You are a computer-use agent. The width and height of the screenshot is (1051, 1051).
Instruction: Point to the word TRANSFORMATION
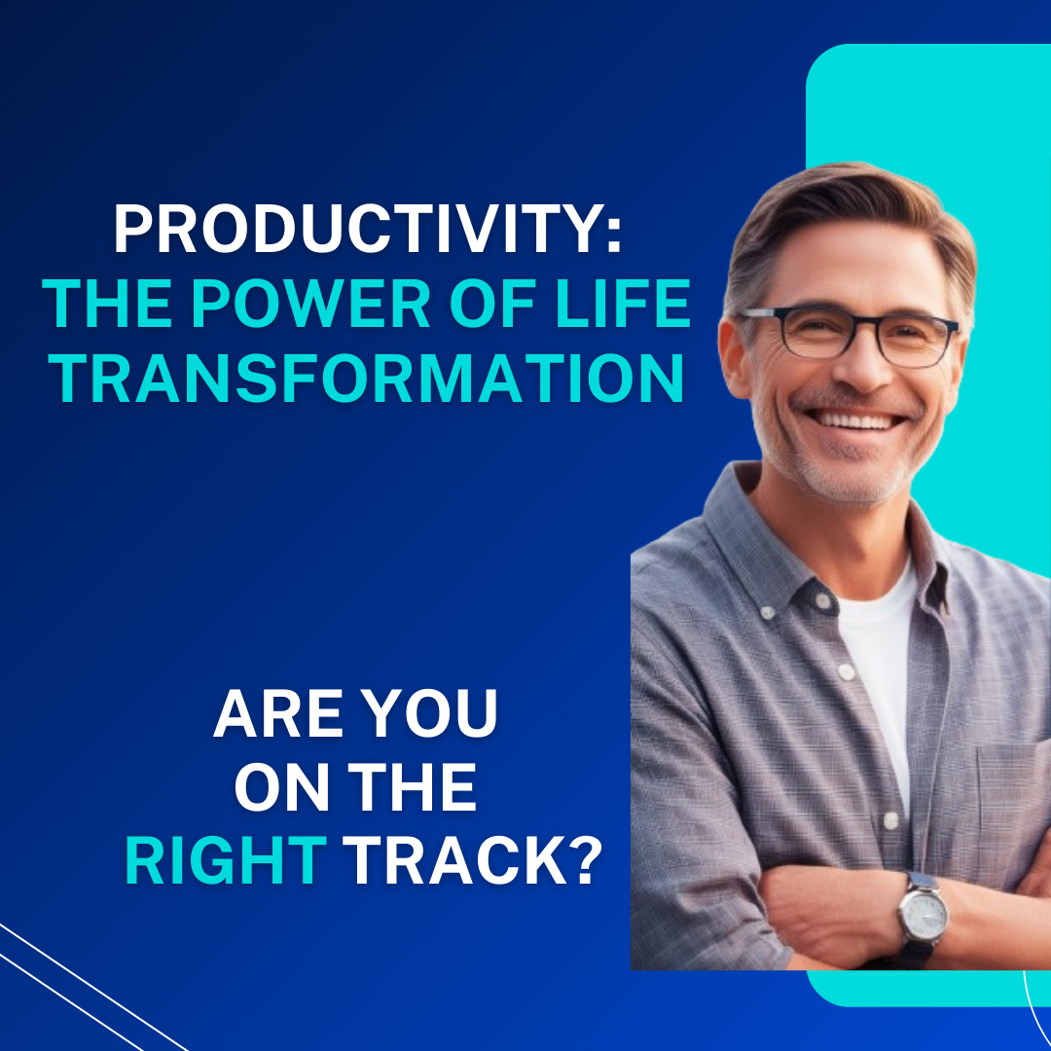tap(370, 380)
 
